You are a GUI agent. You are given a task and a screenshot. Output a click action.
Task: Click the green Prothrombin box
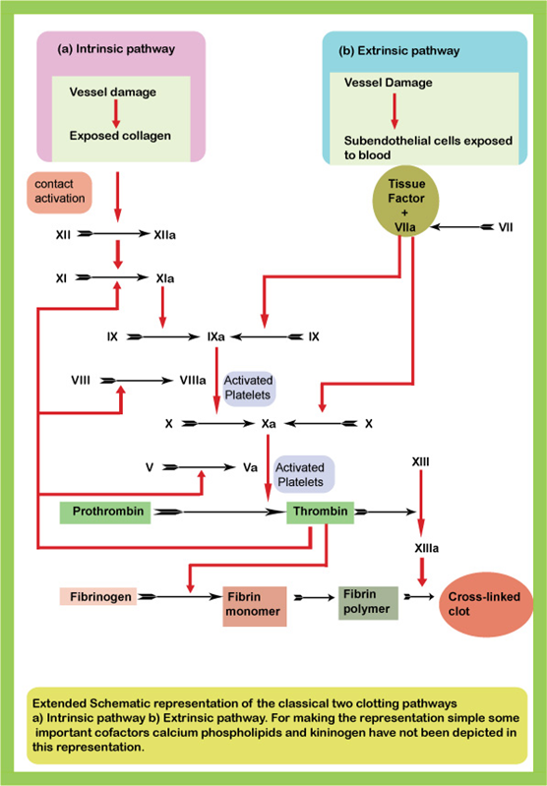tap(105, 513)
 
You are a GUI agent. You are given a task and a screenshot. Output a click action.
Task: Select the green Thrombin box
tap(320, 513)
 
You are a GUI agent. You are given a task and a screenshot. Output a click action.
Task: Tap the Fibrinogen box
tap(98, 596)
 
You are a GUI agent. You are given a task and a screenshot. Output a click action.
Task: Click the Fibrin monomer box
tap(255, 607)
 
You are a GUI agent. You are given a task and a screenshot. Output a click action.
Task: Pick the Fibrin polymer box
tap(368, 602)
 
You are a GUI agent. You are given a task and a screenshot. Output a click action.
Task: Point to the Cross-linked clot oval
tap(486, 605)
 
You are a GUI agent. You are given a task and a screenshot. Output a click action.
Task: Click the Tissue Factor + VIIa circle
tap(405, 201)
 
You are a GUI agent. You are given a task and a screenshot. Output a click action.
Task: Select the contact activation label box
tap(59, 193)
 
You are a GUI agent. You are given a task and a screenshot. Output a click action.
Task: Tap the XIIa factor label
tap(164, 234)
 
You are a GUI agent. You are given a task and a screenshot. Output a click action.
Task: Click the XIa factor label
tap(165, 278)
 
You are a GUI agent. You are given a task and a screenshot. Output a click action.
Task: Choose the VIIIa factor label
tap(193, 381)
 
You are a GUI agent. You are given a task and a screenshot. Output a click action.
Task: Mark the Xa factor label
tap(269, 424)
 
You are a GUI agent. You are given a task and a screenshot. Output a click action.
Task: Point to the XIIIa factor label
tap(427, 548)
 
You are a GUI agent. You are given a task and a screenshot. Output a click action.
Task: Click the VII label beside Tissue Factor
tap(506, 227)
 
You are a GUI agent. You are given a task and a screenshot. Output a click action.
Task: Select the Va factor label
tap(250, 467)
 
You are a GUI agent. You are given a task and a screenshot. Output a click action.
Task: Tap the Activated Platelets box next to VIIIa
tap(249, 388)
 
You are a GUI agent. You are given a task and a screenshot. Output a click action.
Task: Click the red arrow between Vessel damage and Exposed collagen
tap(116, 114)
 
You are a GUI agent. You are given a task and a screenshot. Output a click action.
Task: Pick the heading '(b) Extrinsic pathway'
tap(399, 51)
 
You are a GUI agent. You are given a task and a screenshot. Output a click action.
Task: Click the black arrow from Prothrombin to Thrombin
tap(219, 512)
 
